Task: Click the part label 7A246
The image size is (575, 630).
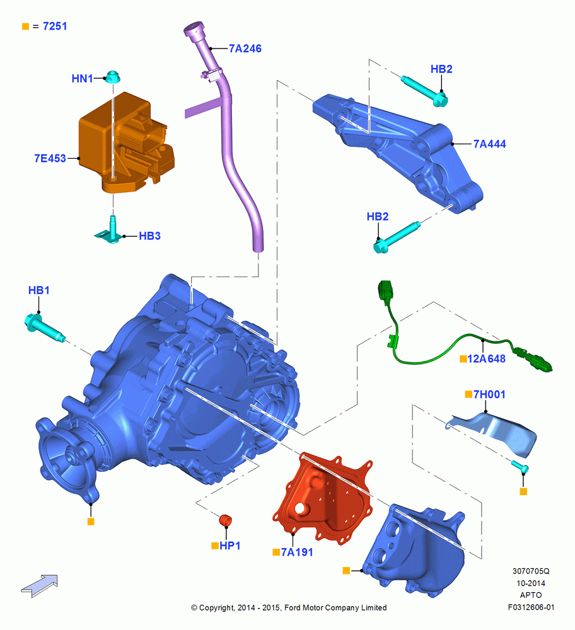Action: pyautogui.click(x=245, y=49)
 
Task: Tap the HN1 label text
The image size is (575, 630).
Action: pyautogui.click(x=82, y=78)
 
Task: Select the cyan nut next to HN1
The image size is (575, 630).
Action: pyautogui.click(x=113, y=76)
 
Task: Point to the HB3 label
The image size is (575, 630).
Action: pyautogui.click(x=149, y=236)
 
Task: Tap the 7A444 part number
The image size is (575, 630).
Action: pyautogui.click(x=489, y=144)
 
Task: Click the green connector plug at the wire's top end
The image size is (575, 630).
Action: pyautogui.click(x=385, y=292)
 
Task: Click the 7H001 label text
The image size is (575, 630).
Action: pyautogui.click(x=489, y=394)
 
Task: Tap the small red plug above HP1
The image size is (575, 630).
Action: pyautogui.click(x=226, y=520)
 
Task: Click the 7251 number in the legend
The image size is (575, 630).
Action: pyautogui.click(x=55, y=26)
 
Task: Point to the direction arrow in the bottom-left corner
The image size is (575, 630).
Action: pyautogui.click(x=40, y=586)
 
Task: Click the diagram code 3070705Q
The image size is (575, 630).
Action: pyautogui.click(x=531, y=571)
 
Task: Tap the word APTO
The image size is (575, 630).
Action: pyautogui.click(x=531, y=595)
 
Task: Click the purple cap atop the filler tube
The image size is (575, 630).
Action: pyautogui.click(x=195, y=30)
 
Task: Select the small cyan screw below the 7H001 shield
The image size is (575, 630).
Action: pyautogui.click(x=520, y=466)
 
